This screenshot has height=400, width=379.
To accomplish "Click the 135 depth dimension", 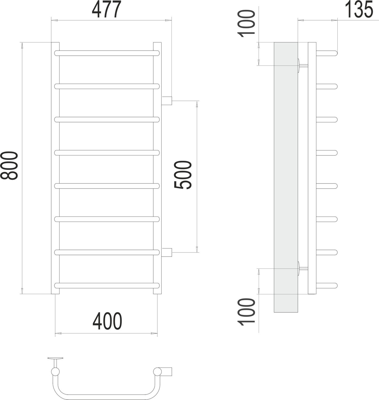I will [359, 10].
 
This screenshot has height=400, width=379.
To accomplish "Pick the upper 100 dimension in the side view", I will [247, 23].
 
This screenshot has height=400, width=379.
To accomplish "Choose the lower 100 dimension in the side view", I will [247, 311].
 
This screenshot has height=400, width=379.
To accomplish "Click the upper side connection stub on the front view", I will [167, 101].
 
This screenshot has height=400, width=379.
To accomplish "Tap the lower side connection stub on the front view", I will [167, 252].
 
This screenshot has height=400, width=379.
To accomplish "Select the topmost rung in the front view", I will [107, 53].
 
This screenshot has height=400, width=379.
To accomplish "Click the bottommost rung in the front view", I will [107, 285].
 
